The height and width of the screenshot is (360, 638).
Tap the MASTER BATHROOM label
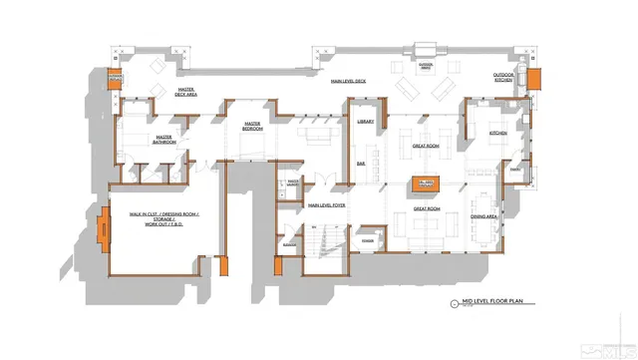click(x=164, y=140)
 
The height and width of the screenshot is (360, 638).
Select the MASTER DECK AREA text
click(x=185, y=93)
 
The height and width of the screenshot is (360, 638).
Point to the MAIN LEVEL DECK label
click(x=349, y=82)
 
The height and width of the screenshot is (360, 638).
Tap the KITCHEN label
click(x=497, y=133)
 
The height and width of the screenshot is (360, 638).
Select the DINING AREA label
click(x=484, y=216)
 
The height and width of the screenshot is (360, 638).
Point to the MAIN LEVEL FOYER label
click(x=326, y=205)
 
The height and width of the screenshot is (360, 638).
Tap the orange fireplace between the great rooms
click(x=427, y=183)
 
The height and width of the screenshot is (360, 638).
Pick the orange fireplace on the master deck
click(x=116, y=78)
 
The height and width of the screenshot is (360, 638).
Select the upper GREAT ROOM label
click(x=427, y=146)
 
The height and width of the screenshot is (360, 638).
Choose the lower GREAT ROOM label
click(x=427, y=209)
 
